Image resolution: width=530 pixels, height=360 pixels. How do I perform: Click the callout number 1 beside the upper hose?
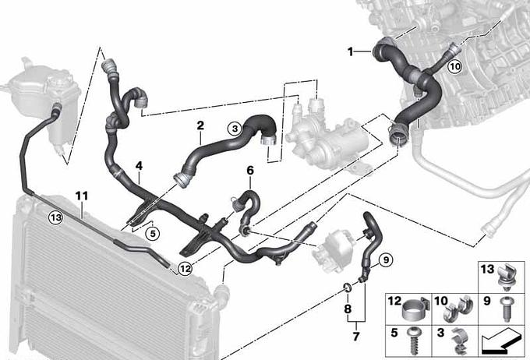pos(351,51)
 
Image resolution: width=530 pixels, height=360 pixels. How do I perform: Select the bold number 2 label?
pos(200,125)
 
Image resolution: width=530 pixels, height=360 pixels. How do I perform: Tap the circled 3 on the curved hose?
pos(235,129)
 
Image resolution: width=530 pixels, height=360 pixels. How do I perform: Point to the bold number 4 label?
pos(139,166)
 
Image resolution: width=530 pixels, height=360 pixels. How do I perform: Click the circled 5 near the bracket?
pos(153,234)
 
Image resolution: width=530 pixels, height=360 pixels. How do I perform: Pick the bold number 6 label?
pos(249,171)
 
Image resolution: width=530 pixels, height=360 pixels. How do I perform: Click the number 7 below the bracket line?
pos(356,337)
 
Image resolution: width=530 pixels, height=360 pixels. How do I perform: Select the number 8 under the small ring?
pos(348,309)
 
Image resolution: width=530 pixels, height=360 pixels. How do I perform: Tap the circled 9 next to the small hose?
pos(387,259)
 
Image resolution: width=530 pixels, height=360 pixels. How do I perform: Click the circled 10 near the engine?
pos(455,66)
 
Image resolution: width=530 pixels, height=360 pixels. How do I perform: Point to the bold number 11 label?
pos(82,196)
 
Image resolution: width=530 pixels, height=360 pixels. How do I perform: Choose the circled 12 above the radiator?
pos(185,269)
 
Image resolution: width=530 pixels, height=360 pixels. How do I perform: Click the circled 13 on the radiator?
pos(55,217)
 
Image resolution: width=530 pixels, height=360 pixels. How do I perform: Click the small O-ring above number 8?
pos(347,288)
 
